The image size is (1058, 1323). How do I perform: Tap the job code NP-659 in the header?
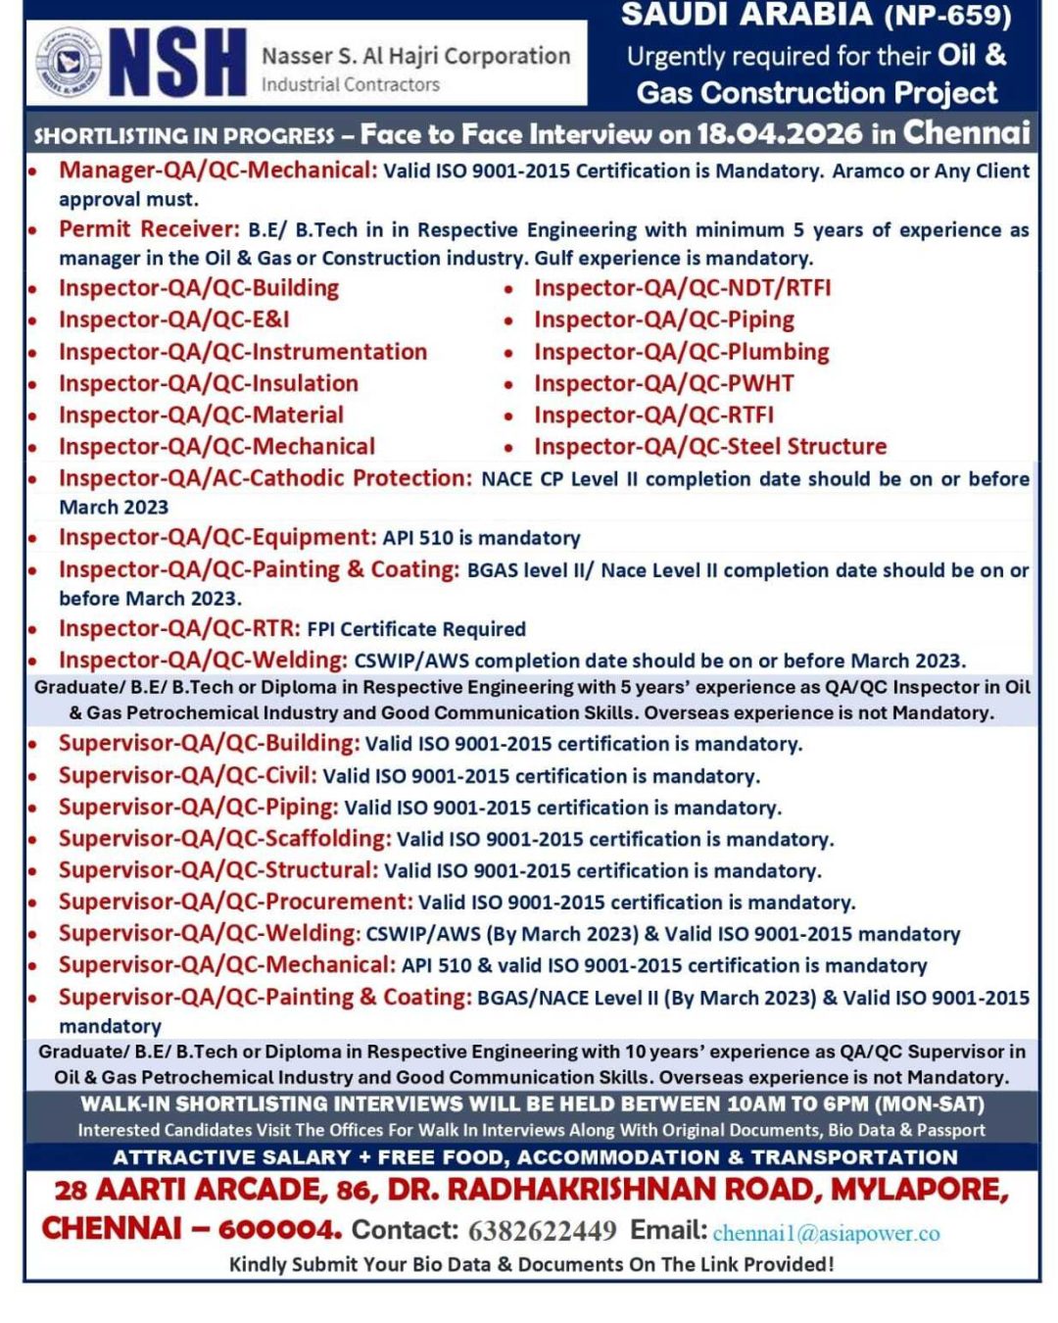[x=948, y=16]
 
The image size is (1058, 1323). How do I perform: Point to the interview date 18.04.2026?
[x=780, y=133]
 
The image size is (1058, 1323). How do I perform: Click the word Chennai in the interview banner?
[x=966, y=132]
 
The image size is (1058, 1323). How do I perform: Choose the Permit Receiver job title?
[x=149, y=229]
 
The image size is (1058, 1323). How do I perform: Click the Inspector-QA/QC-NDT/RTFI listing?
[x=682, y=288]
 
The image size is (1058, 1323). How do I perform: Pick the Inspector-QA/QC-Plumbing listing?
[x=681, y=352]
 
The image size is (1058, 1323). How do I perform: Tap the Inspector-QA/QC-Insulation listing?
[x=208, y=383]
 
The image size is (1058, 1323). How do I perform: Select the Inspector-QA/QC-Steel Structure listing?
[x=709, y=447]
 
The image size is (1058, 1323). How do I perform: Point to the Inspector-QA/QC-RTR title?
[x=179, y=628]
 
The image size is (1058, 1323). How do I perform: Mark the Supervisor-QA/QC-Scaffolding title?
[x=224, y=839]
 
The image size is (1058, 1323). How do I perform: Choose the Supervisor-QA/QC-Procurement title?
[x=235, y=902]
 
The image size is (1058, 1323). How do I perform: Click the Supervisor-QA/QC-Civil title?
[x=187, y=775]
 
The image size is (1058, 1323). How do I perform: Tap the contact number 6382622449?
[x=542, y=1230]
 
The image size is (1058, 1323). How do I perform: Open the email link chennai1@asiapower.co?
[x=826, y=1233]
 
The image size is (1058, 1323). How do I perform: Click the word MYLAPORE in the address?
[x=919, y=1190]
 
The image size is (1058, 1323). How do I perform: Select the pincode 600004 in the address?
[x=279, y=1229]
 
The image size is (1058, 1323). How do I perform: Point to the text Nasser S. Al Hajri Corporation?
[x=415, y=56]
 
